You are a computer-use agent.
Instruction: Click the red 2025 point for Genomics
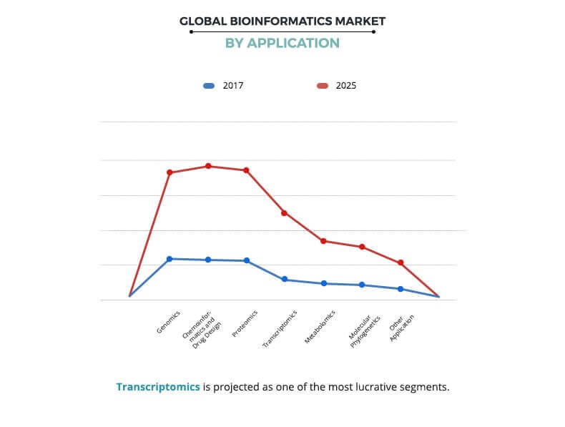coord(169,172)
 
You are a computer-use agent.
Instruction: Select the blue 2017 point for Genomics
coord(169,259)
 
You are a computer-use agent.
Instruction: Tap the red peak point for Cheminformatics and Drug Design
coord(208,166)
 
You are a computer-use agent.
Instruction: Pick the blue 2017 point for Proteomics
coord(247,260)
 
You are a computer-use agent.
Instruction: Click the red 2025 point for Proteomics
coord(246,170)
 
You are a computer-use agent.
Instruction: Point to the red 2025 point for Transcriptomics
coord(284,213)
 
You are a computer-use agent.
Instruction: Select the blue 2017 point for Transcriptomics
coord(284,279)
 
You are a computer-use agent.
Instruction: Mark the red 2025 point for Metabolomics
coord(323,241)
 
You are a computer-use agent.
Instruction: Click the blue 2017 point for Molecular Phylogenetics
coord(362,285)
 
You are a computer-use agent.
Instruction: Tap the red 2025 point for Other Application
coord(401,262)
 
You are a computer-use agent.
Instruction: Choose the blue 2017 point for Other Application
coord(401,289)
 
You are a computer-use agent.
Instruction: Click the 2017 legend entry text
coord(233,86)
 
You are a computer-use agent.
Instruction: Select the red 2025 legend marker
coord(323,86)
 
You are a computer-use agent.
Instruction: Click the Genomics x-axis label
coord(169,322)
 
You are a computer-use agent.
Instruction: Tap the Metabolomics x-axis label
coord(320,328)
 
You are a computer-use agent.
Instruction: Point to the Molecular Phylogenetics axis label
coord(360,330)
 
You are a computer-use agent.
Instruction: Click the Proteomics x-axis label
coord(245,323)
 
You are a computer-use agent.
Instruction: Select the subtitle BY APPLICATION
coord(282,43)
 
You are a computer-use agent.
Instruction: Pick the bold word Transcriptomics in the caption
coord(158,387)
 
